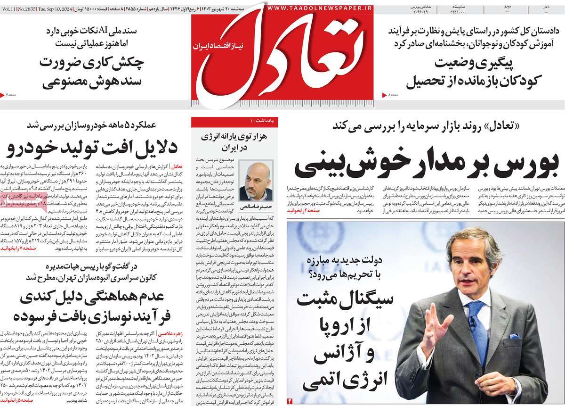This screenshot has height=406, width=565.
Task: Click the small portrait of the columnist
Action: coord(256,181)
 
